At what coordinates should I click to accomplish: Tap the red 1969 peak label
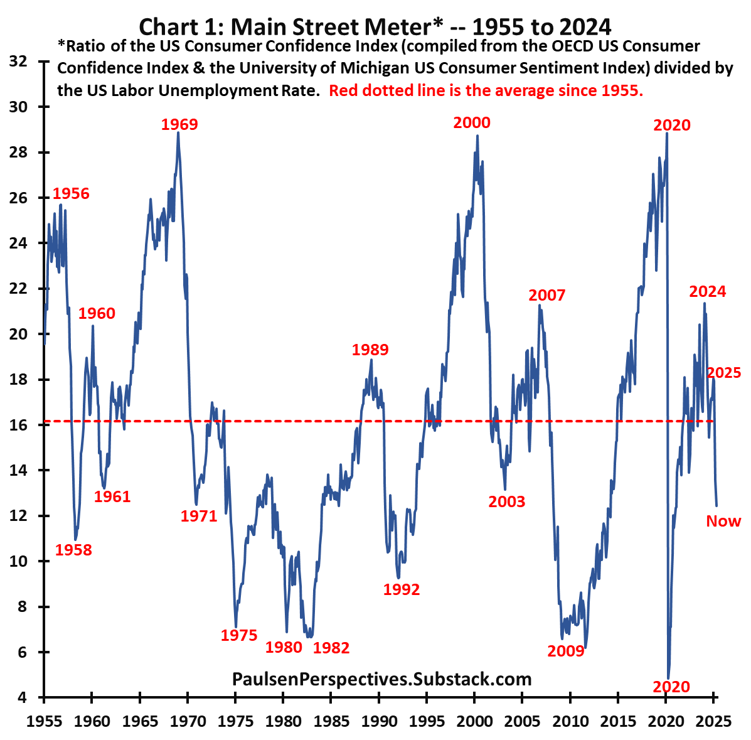(x=179, y=124)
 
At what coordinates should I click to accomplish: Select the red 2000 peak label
(x=472, y=122)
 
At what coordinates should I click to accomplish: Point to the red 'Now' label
(x=723, y=521)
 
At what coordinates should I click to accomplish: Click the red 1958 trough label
(x=73, y=550)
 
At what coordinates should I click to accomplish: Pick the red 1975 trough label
(x=239, y=635)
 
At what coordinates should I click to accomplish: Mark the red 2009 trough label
(x=566, y=651)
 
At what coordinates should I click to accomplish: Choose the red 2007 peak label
(x=547, y=295)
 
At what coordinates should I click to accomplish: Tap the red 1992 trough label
(x=402, y=589)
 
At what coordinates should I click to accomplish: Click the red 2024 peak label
(x=708, y=291)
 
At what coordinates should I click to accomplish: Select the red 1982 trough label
(x=331, y=648)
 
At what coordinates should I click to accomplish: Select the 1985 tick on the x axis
(x=331, y=721)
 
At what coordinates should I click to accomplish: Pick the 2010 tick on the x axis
(x=570, y=721)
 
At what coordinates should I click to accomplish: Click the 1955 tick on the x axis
(x=44, y=721)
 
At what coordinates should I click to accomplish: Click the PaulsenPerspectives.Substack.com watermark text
(x=381, y=678)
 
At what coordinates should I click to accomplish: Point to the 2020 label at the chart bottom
(x=671, y=687)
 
